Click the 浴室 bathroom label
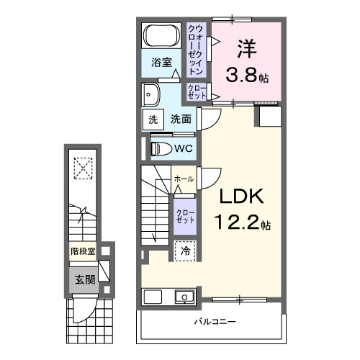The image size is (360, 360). click(x=161, y=63)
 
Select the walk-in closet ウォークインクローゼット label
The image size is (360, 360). click(x=195, y=50)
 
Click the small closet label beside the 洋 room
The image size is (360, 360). click(x=197, y=91)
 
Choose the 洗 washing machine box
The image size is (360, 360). click(x=153, y=120)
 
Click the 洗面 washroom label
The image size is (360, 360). click(x=181, y=120)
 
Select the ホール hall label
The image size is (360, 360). click(x=183, y=179)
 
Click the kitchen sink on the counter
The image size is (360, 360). click(x=184, y=297)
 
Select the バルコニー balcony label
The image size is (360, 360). click(x=215, y=321)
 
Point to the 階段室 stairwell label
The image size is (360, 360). click(x=83, y=252)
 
